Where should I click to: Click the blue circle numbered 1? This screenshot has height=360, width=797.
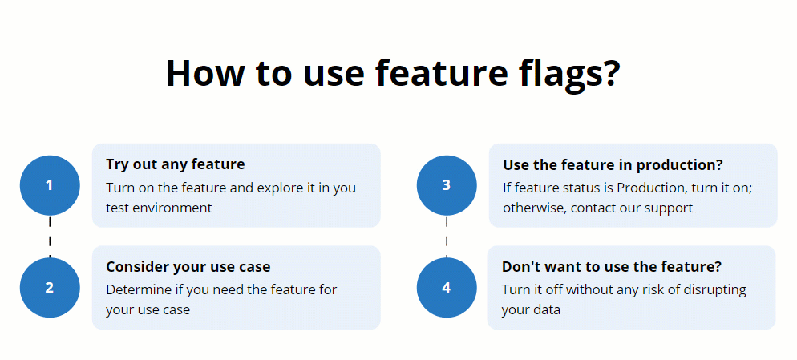click(49, 185)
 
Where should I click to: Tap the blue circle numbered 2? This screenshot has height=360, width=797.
click(49, 287)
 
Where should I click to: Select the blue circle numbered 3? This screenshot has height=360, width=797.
click(447, 185)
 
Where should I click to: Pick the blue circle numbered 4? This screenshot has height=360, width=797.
click(447, 287)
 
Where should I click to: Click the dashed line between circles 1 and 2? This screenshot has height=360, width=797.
click(49, 237)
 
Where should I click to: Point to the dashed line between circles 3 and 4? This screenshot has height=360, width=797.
click(447, 237)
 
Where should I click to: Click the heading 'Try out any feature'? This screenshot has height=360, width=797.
click(175, 164)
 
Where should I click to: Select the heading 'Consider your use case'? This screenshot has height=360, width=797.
click(188, 266)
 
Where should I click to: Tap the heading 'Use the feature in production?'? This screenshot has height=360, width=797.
click(613, 164)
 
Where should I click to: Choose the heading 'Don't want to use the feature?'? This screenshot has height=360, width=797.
click(611, 266)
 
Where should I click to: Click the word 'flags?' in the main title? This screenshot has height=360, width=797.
click(565, 73)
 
